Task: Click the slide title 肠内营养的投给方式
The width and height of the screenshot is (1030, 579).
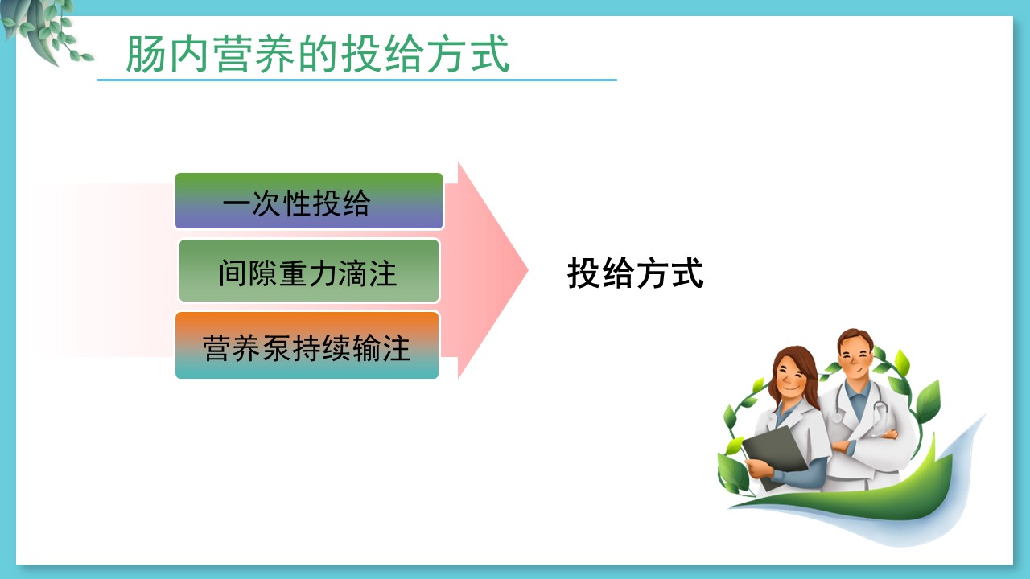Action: [318, 54]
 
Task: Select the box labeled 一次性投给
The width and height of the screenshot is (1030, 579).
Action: [309, 201]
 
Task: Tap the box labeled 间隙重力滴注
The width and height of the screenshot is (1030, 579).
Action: [309, 271]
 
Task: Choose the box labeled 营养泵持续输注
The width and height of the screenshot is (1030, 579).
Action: [307, 346]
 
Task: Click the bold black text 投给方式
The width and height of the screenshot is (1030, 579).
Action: [636, 273]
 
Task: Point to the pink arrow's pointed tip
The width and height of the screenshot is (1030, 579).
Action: [528, 270]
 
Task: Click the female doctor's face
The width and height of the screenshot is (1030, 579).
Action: [792, 376]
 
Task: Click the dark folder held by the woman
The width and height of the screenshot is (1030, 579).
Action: [775, 454]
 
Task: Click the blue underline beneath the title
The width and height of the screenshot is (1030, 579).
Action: [356, 80]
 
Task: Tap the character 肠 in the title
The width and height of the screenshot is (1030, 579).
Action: [145, 54]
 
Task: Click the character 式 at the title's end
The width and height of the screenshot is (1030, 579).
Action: [490, 54]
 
